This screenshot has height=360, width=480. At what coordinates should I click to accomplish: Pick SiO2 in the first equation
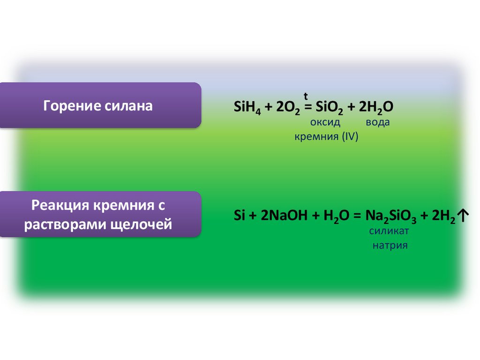point(322,108)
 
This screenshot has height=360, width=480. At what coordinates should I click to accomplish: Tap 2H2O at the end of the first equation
point(376,107)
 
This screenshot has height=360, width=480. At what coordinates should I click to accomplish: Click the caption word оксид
point(325,122)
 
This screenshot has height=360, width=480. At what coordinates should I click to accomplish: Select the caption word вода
point(377,122)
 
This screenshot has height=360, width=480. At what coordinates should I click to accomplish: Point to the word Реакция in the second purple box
point(60,205)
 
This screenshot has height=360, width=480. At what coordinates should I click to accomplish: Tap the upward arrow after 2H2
point(462,216)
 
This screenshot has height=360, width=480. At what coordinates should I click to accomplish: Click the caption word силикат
point(389,231)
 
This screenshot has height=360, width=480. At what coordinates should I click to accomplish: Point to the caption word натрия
point(390,245)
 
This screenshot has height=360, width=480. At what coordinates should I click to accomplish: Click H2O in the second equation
point(333,216)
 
